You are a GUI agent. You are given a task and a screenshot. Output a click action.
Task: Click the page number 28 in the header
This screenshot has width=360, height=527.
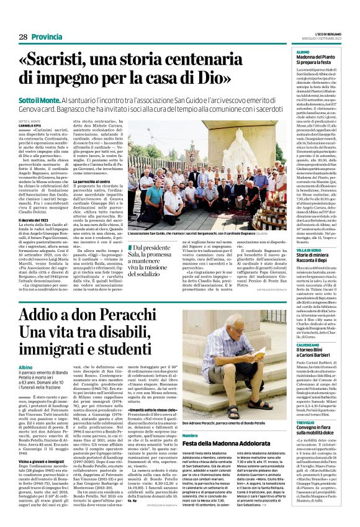click(23, 37)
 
